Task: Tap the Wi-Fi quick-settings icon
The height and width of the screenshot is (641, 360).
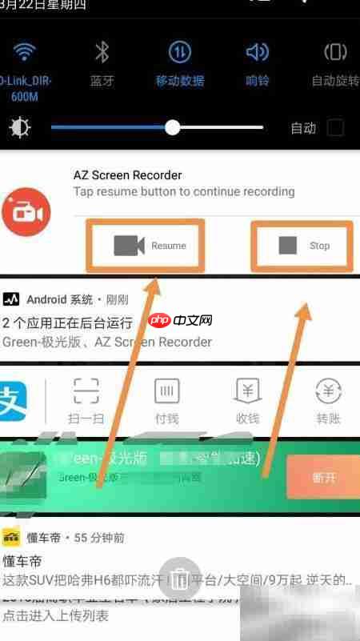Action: [x=25, y=53]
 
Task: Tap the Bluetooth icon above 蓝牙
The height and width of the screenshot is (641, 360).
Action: [x=102, y=53]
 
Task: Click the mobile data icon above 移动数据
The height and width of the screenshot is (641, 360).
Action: [x=179, y=53]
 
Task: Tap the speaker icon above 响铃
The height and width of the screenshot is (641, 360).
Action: [x=257, y=53]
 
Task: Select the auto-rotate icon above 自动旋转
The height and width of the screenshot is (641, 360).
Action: [x=334, y=53]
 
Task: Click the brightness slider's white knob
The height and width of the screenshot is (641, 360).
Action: [x=173, y=127]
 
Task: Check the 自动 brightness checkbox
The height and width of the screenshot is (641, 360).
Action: [x=336, y=127]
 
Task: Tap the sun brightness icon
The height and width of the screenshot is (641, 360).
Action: [x=19, y=128]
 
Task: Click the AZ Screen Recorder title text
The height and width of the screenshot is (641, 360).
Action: [x=127, y=175]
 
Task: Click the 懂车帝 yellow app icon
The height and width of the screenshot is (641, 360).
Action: [x=11, y=538]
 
